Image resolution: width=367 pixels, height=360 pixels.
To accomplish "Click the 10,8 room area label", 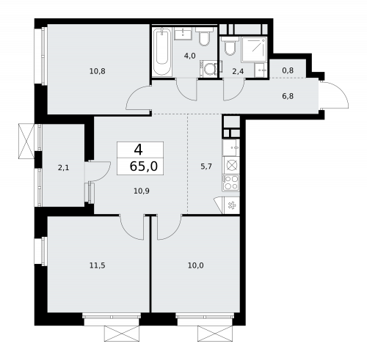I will click(x=97, y=71).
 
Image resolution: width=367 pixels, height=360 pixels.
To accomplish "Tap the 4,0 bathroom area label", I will click(x=189, y=56).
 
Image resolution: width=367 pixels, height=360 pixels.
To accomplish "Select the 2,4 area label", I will click(x=238, y=71).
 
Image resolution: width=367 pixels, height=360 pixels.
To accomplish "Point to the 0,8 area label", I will click(x=288, y=71).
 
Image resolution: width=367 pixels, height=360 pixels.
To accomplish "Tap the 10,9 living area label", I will click(x=141, y=190).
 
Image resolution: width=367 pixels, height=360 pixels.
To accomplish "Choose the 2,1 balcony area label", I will click(x=63, y=168).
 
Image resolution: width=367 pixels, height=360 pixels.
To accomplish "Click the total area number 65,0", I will click(x=142, y=166).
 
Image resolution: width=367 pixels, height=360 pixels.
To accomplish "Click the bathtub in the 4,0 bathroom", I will click(x=161, y=52).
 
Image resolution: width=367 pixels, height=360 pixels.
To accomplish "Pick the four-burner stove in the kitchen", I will click(x=230, y=181).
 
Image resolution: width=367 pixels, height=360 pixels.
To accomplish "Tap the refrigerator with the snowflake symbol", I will click(x=231, y=205).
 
